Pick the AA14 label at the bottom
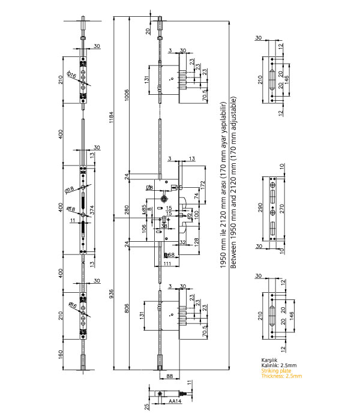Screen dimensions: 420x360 click(x=175, y=400)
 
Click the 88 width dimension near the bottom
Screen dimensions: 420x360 click(x=169, y=376)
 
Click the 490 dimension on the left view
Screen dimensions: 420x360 click(x=61, y=208)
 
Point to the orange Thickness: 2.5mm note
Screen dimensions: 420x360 click(x=279, y=376)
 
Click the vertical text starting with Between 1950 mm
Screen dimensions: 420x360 click(x=233, y=186)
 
